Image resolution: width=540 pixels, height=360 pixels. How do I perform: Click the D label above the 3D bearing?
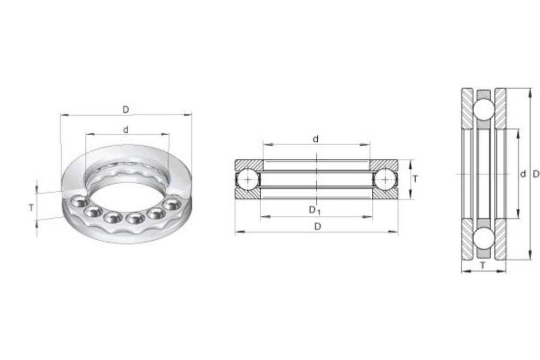(x=126, y=110)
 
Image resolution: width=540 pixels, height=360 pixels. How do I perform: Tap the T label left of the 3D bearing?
(x=31, y=208)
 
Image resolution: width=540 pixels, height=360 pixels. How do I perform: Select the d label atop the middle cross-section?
(x=315, y=139)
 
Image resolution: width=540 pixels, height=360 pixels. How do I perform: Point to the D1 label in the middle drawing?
(x=314, y=210)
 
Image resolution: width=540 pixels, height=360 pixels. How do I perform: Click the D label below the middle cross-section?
(x=318, y=226)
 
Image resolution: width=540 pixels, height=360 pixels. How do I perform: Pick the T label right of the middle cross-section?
(x=416, y=179)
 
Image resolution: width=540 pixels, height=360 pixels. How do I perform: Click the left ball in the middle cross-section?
(x=248, y=179)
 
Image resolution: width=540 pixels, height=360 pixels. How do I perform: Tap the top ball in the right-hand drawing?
(x=483, y=110)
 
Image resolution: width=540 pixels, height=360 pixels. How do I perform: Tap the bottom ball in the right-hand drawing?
(x=483, y=239)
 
